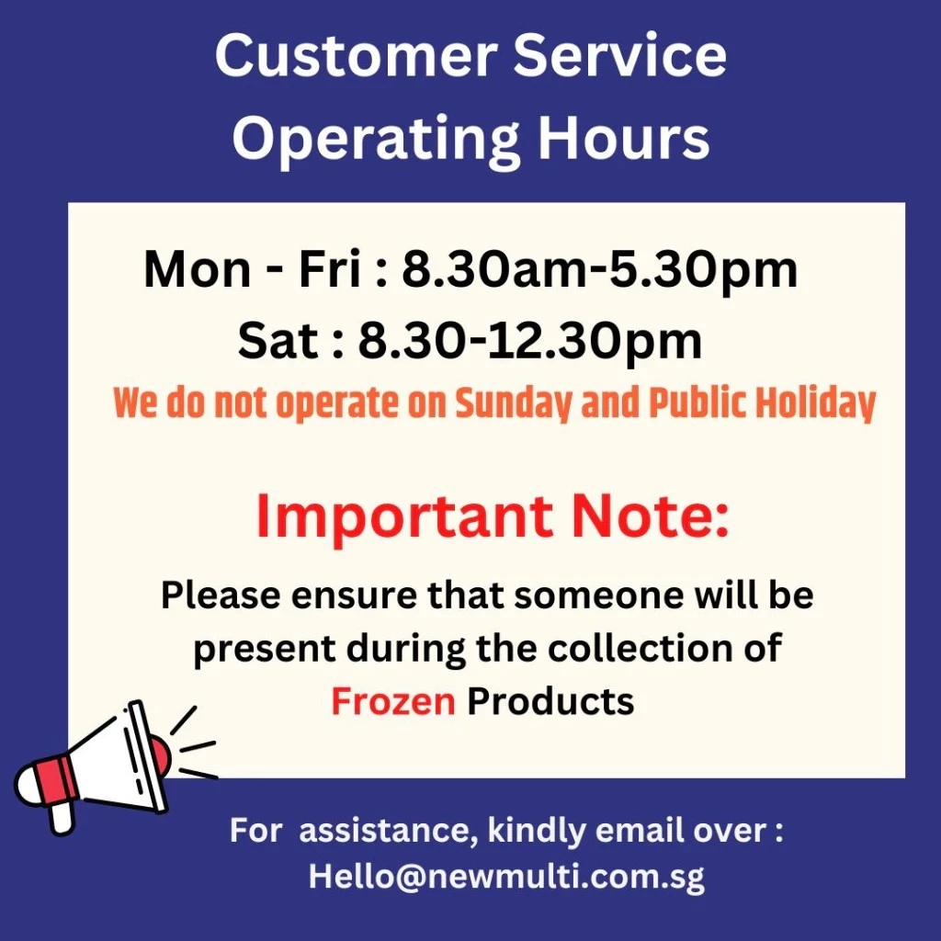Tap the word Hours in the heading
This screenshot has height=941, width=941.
(624, 138)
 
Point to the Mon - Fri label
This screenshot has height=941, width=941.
(253, 270)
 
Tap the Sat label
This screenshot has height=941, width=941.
(278, 341)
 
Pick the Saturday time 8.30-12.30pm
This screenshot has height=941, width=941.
(530, 342)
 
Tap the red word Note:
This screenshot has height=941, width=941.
(650, 516)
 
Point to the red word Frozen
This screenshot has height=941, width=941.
(393, 701)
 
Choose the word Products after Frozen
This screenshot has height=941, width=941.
(550, 701)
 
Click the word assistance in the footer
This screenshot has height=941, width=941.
(385, 831)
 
